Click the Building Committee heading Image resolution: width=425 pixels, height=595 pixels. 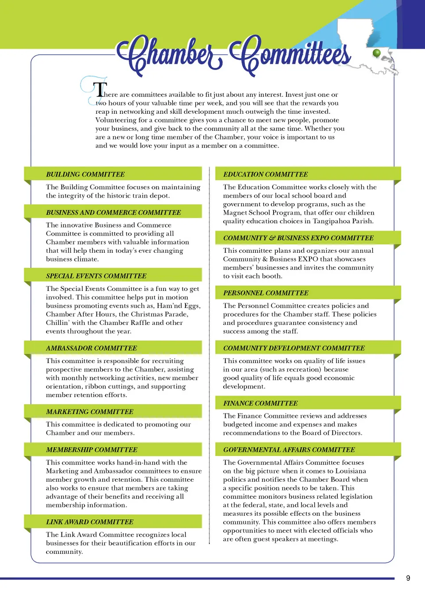tap(85, 174)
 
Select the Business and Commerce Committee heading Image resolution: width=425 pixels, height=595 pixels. tap(113, 212)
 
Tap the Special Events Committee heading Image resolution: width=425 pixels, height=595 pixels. tap(96, 276)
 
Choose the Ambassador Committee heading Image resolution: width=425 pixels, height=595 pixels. tap(92, 348)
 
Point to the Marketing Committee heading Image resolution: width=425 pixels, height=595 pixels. tap(89, 412)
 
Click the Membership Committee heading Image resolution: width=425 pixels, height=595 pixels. tap(92, 450)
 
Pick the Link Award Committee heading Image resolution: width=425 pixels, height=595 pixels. tap(89, 522)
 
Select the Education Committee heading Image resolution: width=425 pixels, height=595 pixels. tap(266, 174)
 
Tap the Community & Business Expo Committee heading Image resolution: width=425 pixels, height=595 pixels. tap(298, 238)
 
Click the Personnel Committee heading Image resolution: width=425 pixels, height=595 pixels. tap(266, 293)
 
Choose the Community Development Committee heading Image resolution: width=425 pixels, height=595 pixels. tap(294, 348)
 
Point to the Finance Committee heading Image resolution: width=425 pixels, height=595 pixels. tap(260, 403)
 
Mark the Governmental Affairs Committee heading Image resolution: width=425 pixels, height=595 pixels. tap(289, 450)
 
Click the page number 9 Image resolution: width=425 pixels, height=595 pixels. tap(408, 578)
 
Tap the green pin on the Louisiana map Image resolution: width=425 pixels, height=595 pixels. tap(377, 53)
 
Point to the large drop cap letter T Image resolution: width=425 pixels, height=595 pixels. tap(101, 89)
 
